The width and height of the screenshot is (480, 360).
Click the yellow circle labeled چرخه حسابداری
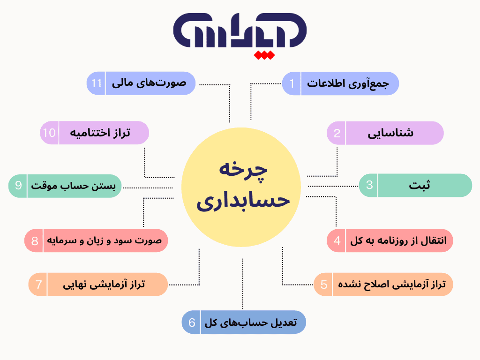pos(240,187)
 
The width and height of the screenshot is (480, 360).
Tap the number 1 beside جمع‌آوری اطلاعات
pos(292,83)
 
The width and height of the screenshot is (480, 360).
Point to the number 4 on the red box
pos(337,241)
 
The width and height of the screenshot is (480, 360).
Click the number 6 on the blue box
pos(192,322)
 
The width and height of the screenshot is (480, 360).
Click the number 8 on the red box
pos(34,241)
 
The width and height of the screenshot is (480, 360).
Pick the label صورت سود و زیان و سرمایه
pos(104,241)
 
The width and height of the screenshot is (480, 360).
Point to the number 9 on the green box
pos(18,186)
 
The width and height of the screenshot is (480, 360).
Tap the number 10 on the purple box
pos(49,133)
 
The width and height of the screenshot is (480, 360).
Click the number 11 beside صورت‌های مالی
pos(97,83)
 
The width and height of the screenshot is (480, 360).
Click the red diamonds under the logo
pos(263,56)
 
